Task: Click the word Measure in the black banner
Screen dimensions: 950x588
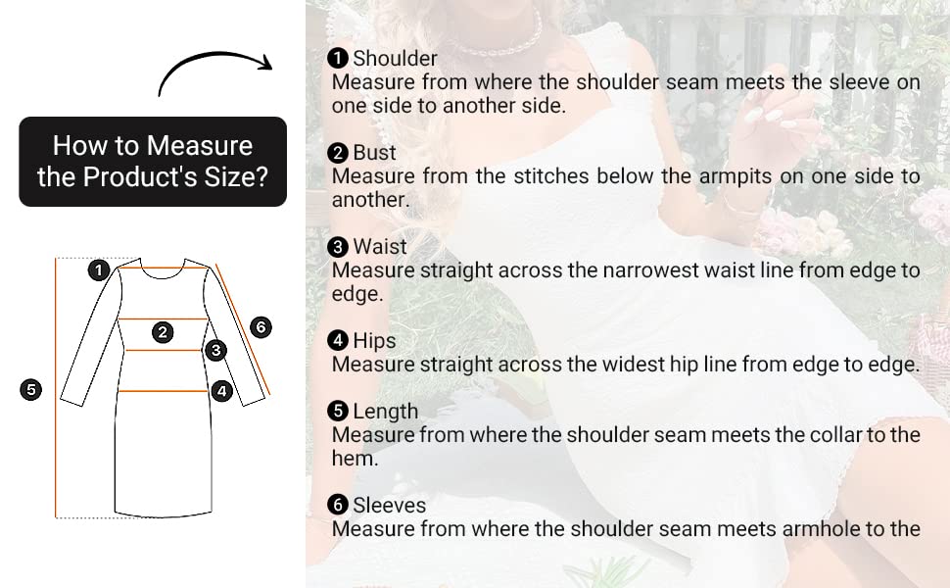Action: point(200,145)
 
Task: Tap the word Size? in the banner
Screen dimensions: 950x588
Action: point(236,177)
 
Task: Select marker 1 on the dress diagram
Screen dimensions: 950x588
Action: point(99,270)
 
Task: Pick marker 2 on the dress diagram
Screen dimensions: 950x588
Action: point(163,332)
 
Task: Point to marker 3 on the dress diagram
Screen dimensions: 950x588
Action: point(215,350)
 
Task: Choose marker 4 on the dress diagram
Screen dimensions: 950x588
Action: point(221,391)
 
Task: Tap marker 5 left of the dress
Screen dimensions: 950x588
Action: point(31,389)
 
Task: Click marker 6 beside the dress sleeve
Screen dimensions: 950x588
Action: point(261,327)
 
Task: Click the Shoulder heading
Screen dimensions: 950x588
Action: point(395,58)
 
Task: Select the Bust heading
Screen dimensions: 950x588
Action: point(374,152)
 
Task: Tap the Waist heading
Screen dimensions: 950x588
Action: point(380,247)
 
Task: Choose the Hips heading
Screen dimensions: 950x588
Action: point(374,341)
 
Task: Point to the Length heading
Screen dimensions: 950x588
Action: point(385,411)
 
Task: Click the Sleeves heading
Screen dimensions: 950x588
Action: point(390,505)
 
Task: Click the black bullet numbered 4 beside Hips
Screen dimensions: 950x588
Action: point(338,341)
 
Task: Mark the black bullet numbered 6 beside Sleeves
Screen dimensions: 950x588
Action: point(338,505)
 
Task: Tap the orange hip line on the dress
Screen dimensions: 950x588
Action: point(163,391)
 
